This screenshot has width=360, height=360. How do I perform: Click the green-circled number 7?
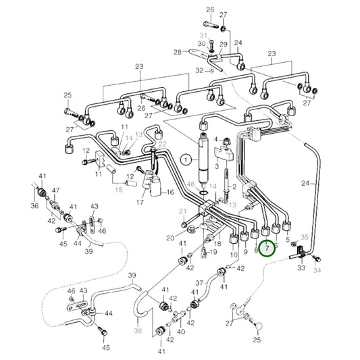[x=268, y=249]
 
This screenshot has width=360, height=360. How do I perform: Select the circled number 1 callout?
[x=184, y=159]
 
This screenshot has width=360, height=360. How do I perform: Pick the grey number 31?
[x=202, y=34]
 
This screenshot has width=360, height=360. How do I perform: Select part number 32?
[x=199, y=70]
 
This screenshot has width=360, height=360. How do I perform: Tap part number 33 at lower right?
[x=301, y=267]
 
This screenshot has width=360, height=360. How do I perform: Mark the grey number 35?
[x=305, y=237]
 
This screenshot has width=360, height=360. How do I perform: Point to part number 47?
[x=55, y=192]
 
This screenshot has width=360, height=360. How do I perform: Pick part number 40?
[x=180, y=332]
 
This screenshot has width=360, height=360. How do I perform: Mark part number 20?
[x=170, y=238]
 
